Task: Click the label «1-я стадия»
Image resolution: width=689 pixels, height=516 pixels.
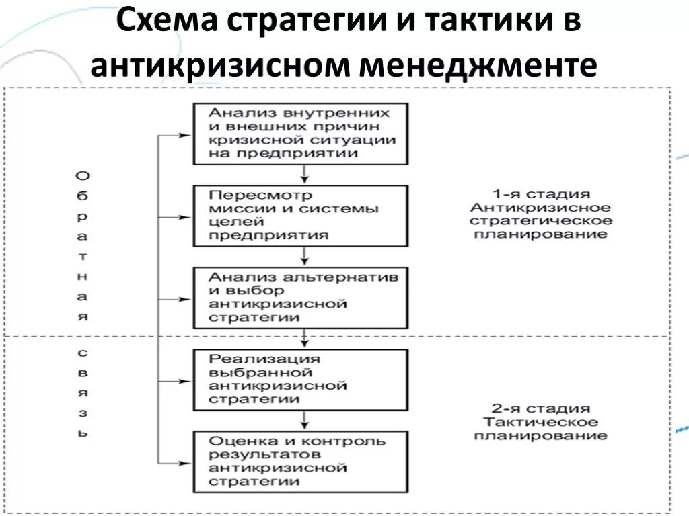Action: [x=540, y=194]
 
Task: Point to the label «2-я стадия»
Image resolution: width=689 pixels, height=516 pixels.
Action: [x=540, y=408]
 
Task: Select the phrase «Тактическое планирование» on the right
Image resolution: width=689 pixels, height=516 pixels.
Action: [x=540, y=429]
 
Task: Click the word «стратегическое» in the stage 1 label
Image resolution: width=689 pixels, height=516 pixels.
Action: [x=540, y=221]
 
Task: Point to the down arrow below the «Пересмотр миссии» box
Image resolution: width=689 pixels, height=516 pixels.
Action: [x=305, y=257]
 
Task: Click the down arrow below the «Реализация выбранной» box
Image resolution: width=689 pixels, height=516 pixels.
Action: [x=305, y=421]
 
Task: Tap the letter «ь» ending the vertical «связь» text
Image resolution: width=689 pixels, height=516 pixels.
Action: [x=81, y=433]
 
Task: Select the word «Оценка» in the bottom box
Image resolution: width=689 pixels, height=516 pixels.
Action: [x=237, y=441]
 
